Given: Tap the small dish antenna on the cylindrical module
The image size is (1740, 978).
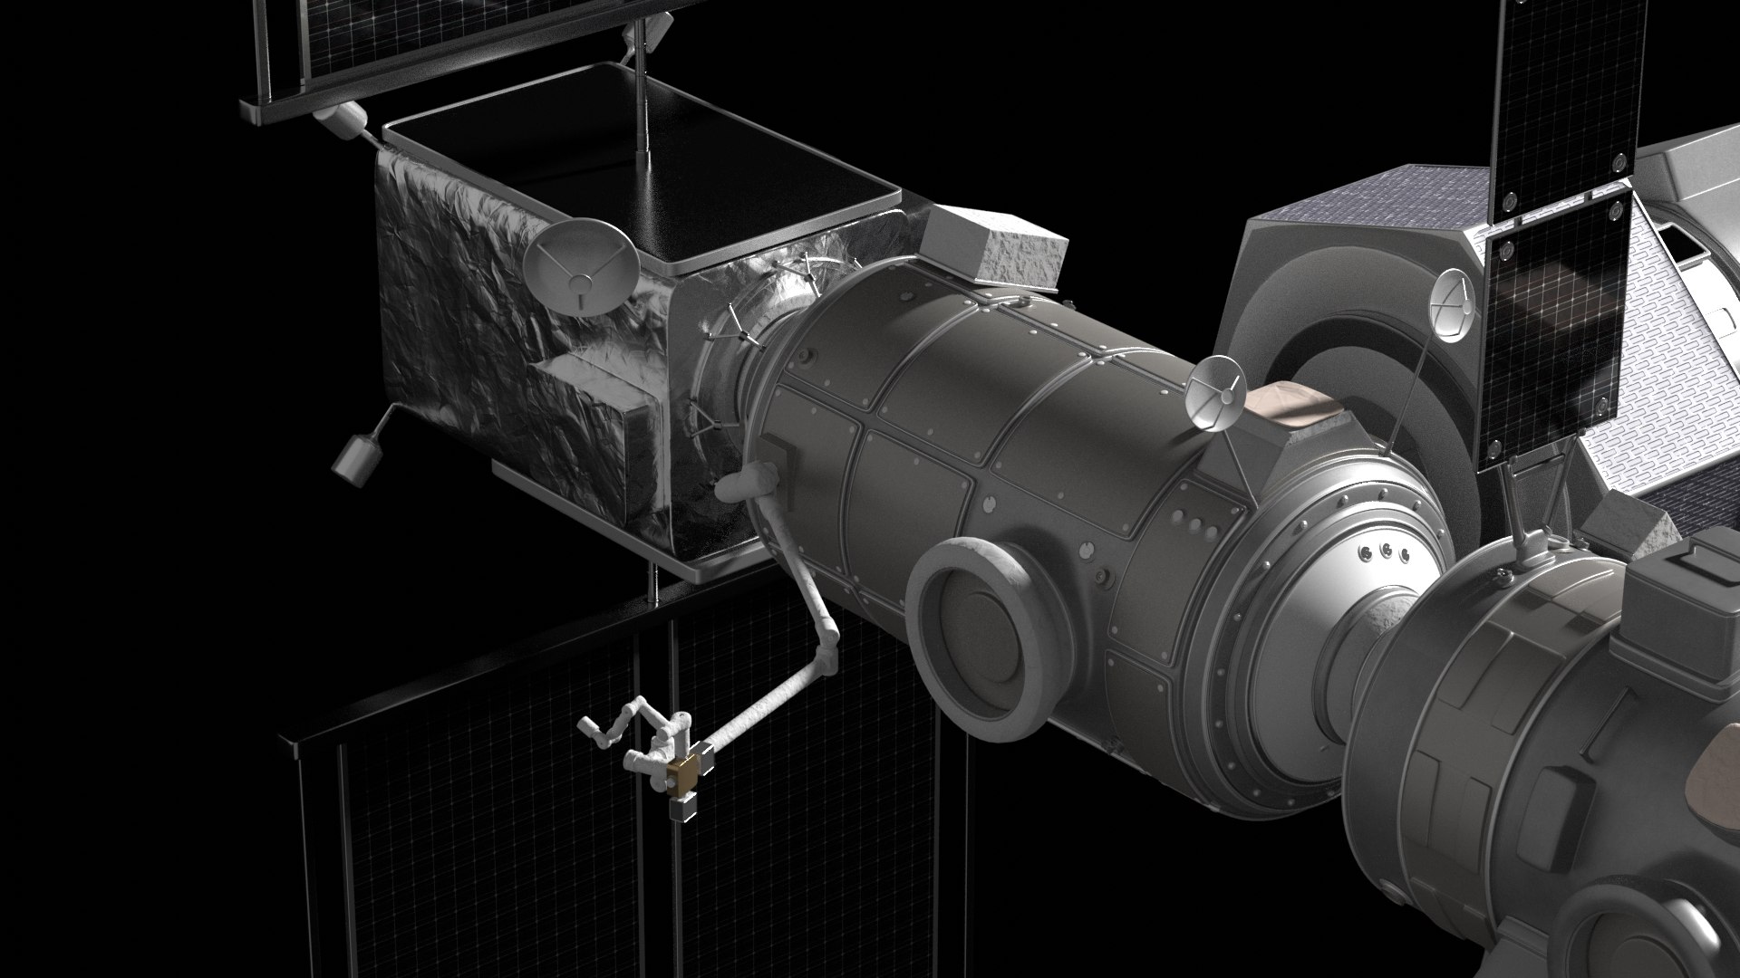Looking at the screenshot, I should [1214, 392].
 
